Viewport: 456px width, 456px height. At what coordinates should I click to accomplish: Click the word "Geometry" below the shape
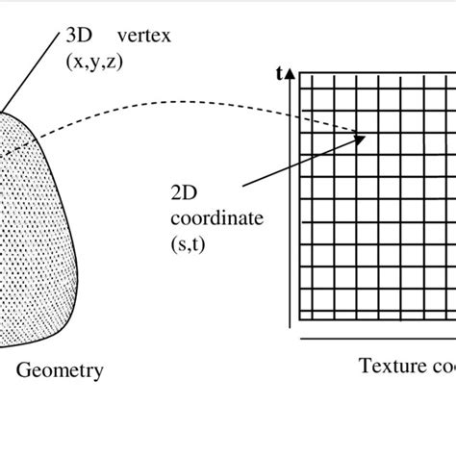tap(61, 369)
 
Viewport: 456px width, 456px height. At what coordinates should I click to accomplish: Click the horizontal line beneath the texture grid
tap(375, 339)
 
